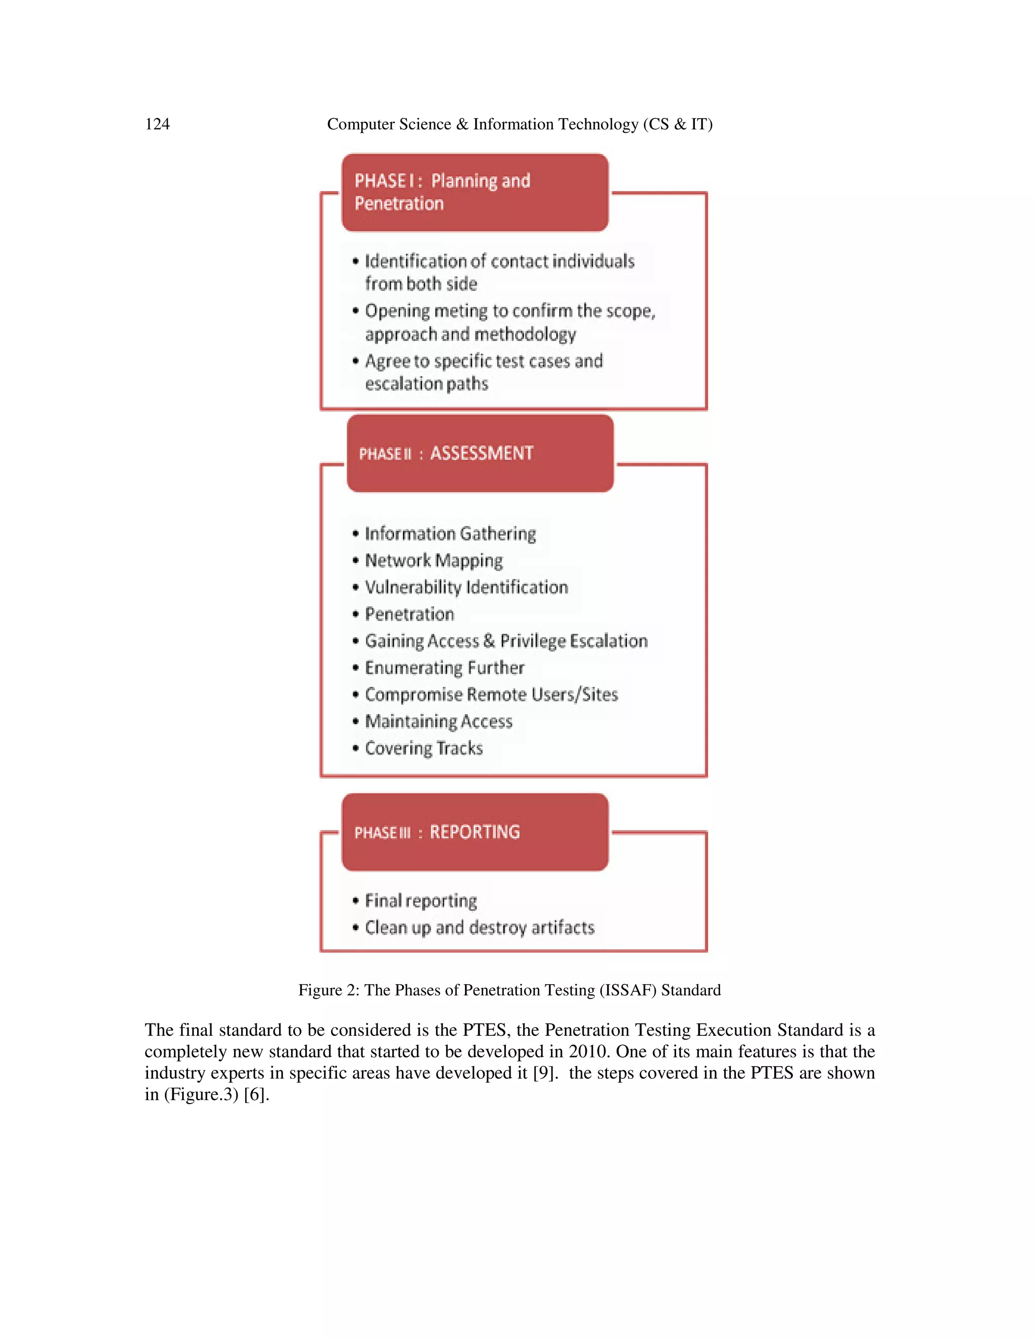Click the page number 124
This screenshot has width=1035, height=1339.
[157, 124]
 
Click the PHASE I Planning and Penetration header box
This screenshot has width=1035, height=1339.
[475, 193]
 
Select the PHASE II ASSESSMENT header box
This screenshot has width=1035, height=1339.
[480, 454]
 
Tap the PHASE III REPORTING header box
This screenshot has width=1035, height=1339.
[475, 832]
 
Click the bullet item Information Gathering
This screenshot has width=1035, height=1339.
[450, 534]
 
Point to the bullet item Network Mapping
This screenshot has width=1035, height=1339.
[434, 561]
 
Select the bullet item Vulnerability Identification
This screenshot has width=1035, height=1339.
[466, 587]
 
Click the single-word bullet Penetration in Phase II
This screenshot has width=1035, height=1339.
[409, 614]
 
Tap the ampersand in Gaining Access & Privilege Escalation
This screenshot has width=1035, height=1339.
[489, 641]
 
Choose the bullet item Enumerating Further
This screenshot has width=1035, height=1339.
[445, 667]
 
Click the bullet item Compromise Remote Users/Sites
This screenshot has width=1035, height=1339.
[491, 695]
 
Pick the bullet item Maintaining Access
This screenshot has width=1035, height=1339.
[438, 722]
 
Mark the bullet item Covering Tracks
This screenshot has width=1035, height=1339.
[424, 749]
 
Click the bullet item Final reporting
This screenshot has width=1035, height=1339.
[420, 900]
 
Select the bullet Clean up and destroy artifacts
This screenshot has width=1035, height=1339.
[480, 928]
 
